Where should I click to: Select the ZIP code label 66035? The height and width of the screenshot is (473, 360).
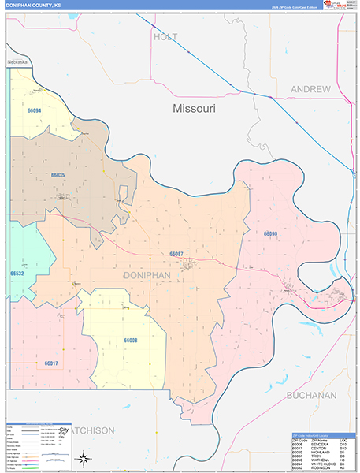coord(58,175)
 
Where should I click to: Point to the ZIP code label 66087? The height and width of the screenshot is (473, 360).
coord(176,254)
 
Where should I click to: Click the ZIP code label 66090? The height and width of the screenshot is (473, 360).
coord(270,233)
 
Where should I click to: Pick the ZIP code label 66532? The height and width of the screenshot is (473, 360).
coord(17,274)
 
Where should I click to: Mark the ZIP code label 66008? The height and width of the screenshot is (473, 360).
coord(130,341)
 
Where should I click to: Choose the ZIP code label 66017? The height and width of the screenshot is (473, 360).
coord(50,363)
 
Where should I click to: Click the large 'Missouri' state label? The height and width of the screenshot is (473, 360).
coord(194,109)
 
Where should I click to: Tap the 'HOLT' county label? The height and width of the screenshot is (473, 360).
coord(166,37)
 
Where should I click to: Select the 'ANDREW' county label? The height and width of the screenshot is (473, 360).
coord(310,90)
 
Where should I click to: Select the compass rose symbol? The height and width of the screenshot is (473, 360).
coord(84,457)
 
